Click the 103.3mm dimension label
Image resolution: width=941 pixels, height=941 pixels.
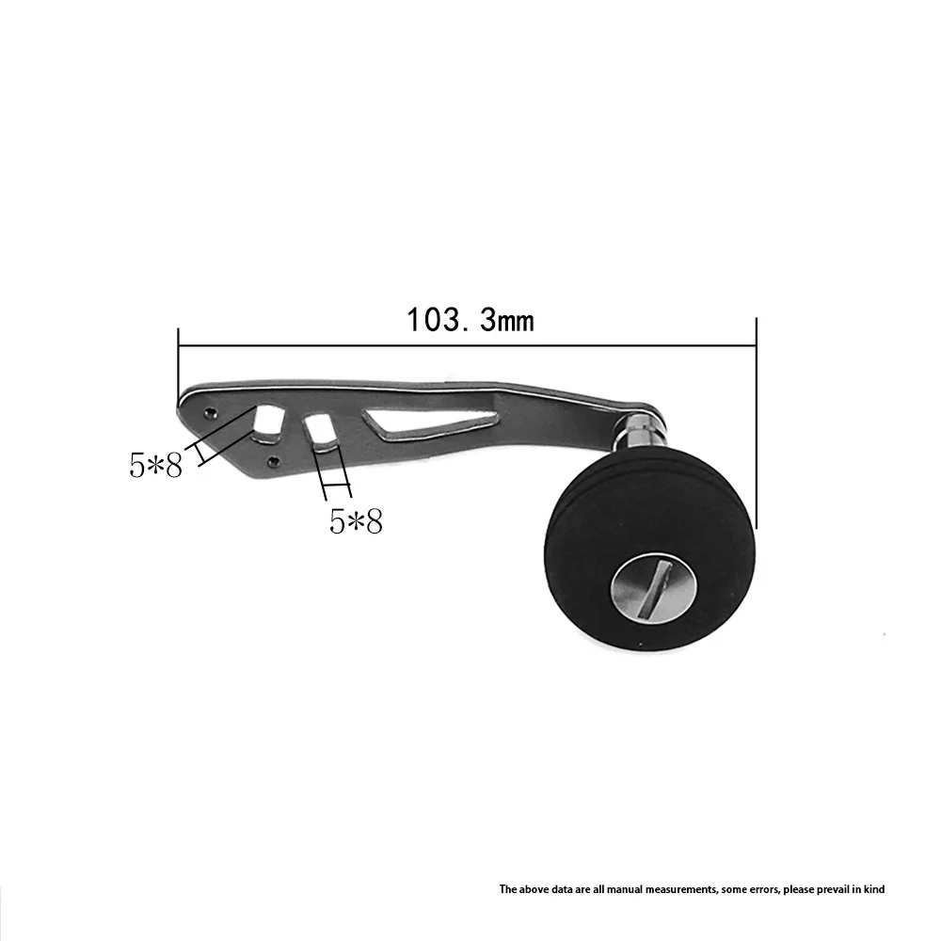470,320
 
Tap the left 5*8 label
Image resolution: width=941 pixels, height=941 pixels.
155,465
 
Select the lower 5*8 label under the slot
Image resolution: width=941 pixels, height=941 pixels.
356,521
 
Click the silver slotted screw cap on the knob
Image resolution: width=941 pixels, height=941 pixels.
654,587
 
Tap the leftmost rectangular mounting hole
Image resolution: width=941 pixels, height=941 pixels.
267,419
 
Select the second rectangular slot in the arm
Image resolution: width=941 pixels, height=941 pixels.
321,430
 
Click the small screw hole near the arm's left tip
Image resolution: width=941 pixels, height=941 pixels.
210,412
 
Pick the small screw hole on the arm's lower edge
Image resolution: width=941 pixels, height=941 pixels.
274,461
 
